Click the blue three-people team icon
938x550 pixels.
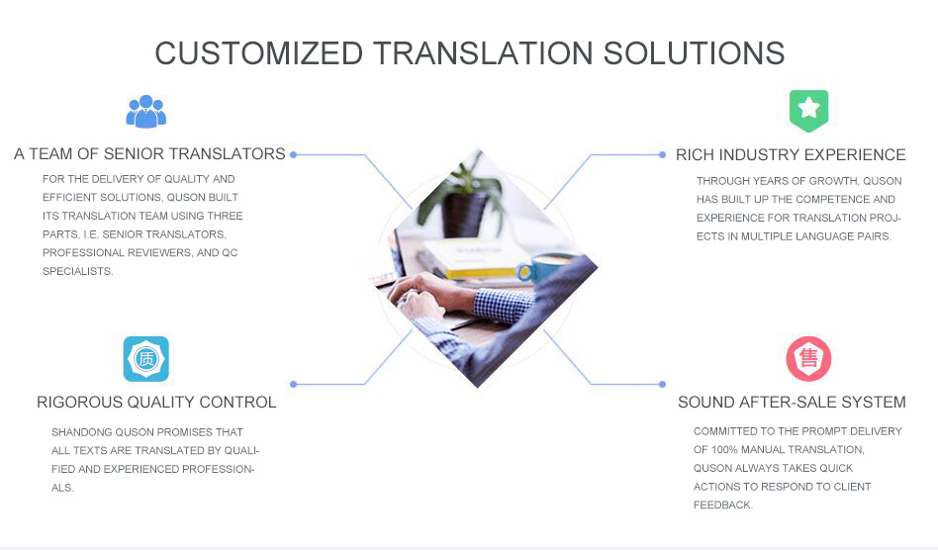click(146, 112)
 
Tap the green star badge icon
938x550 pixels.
click(808, 111)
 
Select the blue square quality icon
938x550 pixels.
click(146, 359)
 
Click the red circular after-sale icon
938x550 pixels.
click(808, 359)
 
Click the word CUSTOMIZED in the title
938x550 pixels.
click(259, 53)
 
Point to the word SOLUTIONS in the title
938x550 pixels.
click(694, 53)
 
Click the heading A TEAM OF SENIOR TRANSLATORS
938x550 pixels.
click(149, 153)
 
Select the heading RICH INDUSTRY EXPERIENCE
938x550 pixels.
click(791, 155)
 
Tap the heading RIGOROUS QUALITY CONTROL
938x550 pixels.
click(156, 402)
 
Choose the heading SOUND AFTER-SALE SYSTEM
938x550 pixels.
click(792, 402)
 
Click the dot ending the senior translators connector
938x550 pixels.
click(293, 155)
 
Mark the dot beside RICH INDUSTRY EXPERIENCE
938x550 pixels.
click(662, 155)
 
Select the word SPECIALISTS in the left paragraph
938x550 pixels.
click(78, 271)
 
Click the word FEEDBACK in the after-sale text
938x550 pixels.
click(722, 505)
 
